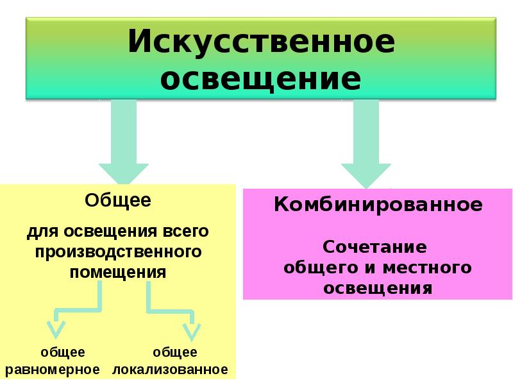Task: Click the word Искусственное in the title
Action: (x=261, y=43)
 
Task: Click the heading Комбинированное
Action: (x=378, y=205)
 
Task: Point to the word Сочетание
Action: (x=375, y=247)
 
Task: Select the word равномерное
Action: (x=54, y=370)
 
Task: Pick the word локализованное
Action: (x=171, y=370)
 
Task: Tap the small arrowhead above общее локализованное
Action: (x=191, y=330)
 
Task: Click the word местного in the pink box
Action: (x=429, y=267)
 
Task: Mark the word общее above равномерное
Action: (x=63, y=352)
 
